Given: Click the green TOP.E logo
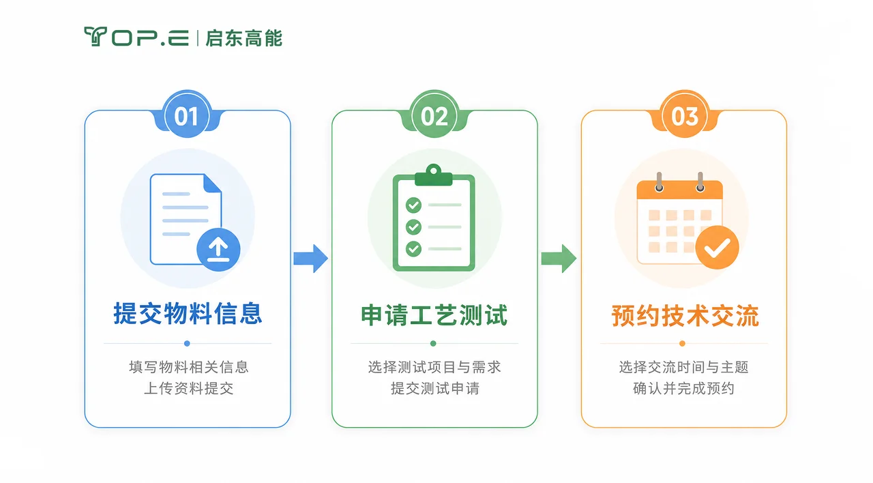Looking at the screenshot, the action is [136, 37].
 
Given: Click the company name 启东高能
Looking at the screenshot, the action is [244, 38].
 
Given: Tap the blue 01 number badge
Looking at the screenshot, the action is [187, 116].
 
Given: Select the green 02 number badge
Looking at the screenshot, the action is [434, 116].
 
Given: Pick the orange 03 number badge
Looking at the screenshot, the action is [684, 116].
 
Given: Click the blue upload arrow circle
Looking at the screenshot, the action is [218, 250].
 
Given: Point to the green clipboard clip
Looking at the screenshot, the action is [433, 175].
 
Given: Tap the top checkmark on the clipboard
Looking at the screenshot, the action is [413, 205].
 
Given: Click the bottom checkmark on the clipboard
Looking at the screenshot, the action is [413, 248].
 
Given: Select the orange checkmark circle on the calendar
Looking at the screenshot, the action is [717, 247].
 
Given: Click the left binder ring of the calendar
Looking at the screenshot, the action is [659, 182].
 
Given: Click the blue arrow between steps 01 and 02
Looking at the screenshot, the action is [310, 258].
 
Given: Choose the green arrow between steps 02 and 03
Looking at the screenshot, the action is [559, 258].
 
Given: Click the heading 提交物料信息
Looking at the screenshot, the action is [188, 313].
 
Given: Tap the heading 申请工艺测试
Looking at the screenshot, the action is [434, 315].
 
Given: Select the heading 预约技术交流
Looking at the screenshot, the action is [685, 315].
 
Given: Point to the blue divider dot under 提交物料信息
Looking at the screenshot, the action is [187, 343].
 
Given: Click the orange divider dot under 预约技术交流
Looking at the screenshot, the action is [682, 343].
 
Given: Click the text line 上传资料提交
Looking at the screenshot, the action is [189, 388].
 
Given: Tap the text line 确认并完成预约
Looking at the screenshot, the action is [683, 388].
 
